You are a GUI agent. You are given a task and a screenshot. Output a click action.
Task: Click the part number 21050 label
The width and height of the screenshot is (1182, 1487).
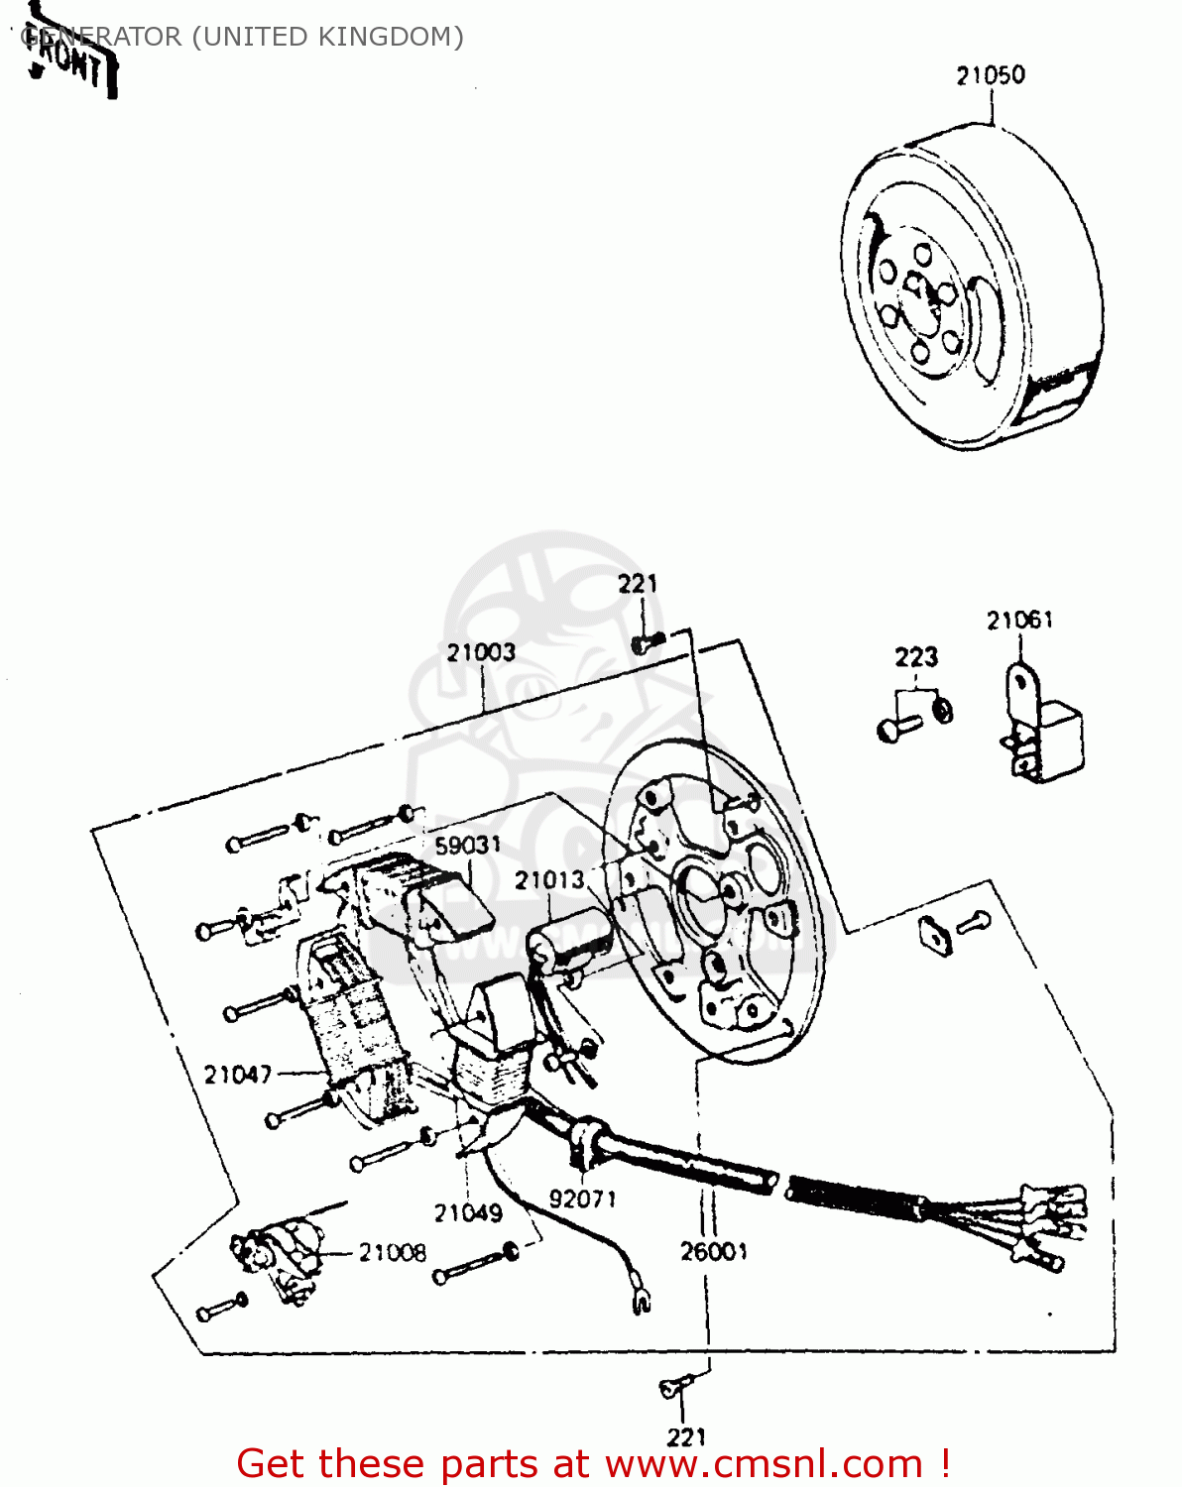990,75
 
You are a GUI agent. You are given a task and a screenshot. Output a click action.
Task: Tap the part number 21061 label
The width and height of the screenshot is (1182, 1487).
1019,621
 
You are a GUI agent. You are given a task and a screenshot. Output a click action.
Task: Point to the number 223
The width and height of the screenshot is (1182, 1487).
915,657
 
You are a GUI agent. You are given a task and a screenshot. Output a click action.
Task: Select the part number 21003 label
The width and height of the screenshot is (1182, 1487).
481,652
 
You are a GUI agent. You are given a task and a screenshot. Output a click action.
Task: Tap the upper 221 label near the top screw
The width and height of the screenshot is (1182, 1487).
638,584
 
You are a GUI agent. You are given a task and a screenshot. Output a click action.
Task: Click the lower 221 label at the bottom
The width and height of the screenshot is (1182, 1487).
686,1436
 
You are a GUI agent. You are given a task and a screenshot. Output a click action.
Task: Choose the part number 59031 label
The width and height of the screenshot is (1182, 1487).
468,846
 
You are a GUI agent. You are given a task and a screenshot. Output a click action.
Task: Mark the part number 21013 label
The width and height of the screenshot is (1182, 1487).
549,880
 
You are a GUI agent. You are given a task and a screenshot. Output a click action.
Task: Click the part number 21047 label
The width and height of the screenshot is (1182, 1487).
237,1075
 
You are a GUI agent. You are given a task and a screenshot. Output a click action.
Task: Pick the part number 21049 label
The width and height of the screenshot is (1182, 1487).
468,1213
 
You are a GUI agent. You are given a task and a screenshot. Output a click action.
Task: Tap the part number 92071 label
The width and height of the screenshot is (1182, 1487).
582,1200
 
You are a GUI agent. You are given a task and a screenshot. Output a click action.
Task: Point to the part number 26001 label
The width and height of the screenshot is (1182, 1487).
714,1252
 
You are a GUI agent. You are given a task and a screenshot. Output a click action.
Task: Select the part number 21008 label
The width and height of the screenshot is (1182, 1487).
393,1253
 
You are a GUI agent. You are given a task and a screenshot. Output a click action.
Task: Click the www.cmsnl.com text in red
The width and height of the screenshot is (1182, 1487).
764,1464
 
